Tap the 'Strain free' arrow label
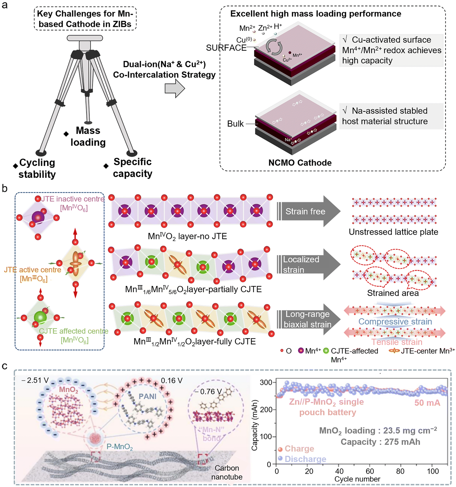click(305, 211)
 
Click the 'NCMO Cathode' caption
click(300, 163)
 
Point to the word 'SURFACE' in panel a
click(226, 48)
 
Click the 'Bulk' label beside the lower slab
click(235, 124)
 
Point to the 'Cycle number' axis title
click(357, 479)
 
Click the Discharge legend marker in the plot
click(280, 459)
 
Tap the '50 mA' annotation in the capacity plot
click(427, 403)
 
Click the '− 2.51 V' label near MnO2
click(35, 380)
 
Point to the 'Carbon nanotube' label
click(227, 472)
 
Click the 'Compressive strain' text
click(395, 322)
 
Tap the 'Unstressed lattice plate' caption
click(393, 232)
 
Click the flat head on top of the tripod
click(85, 38)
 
